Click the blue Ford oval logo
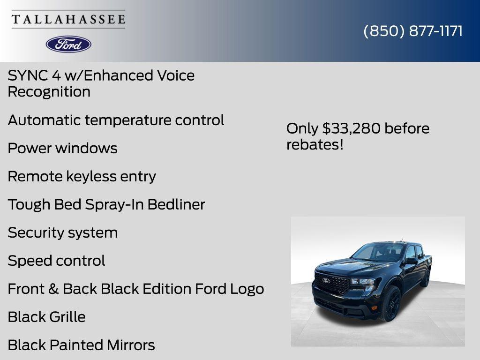pyautogui.click(x=68, y=44)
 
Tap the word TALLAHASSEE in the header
pyautogui.click(x=68, y=19)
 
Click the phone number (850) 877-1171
pyautogui.click(x=413, y=31)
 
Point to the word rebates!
pyautogui.click(x=315, y=144)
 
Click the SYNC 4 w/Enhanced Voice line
pyautogui.click(x=101, y=75)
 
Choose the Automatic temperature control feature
pyautogui.click(x=116, y=120)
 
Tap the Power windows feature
pyautogui.click(x=62, y=148)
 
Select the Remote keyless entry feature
pyautogui.click(x=82, y=176)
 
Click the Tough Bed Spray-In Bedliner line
pyautogui.click(x=106, y=204)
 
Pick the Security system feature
pyautogui.click(x=62, y=232)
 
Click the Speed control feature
pyautogui.click(x=56, y=261)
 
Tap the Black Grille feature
pyautogui.click(x=46, y=317)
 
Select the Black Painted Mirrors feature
pyautogui.click(x=81, y=345)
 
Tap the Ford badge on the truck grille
pyautogui.click(x=326, y=280)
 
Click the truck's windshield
pyautogui.click(x=379, y=253)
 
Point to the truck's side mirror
pyautogui.click(x=411, y=261)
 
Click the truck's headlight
pyautogui.click(x=362, y=282)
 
